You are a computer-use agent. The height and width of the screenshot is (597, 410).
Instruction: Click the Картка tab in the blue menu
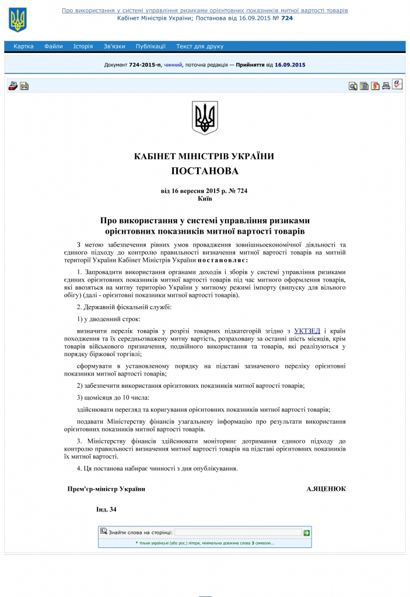pos(23,47)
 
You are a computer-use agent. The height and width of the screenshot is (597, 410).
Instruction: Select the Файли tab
pos(53,47)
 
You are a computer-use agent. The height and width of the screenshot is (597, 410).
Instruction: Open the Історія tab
pos(83,47)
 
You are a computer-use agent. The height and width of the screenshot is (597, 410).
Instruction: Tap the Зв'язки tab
pos(114,47)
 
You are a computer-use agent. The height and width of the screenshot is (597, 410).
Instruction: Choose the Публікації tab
pos(150,47)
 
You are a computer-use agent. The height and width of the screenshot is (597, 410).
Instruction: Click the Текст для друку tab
pos(200,47)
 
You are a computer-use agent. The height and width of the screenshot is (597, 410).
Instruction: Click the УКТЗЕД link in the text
pos(307,331)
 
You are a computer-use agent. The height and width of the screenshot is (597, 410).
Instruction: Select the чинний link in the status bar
pos(173,65)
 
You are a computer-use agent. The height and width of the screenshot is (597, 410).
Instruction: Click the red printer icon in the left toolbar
pos(13,86)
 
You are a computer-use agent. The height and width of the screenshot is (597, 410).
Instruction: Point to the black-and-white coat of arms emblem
pos(205,118)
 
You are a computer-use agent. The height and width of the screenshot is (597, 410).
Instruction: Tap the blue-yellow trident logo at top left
pos(17,20)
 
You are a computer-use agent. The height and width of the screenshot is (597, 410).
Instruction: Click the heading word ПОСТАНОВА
pos(205,171)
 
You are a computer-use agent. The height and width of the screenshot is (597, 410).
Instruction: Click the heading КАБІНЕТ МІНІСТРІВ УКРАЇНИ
pos(204,156)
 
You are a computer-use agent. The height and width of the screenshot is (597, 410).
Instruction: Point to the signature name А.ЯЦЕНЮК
pos(326,489)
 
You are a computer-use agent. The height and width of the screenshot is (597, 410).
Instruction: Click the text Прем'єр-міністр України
pos(106,489)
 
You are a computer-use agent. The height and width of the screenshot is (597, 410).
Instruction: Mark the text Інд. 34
pos(106,510)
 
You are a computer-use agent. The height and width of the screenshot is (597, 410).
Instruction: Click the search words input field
pos(238,532)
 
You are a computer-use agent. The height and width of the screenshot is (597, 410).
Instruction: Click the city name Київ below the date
pos(205,198)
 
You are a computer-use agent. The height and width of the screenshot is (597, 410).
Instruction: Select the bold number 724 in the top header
pos(287,18)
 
